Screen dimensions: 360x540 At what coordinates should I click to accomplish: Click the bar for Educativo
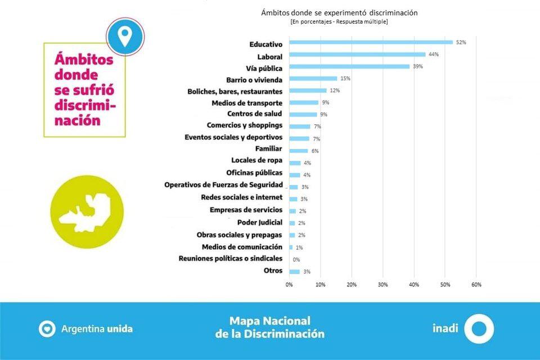[x=371, y=42]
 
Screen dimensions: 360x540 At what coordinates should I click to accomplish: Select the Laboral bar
[x=357, y=55]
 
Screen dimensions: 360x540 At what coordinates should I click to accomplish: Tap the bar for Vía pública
[x=349, y=66]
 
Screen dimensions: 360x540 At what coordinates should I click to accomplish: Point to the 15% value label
[x=345, y=79]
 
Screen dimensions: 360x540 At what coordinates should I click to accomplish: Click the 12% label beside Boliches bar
[x=335, y=91]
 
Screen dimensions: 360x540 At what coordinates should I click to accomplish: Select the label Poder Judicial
[x=260, y=222]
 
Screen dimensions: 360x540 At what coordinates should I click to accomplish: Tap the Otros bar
[x=294, y=272]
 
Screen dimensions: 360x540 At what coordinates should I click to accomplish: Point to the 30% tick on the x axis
[x=382, y=285]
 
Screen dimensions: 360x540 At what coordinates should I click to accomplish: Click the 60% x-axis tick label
[x=476, y=285]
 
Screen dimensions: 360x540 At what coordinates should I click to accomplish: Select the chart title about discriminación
[x=339, y=12]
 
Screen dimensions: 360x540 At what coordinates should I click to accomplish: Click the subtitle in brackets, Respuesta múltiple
[x=339, y=22]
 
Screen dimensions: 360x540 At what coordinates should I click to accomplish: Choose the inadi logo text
[x=444, y=327]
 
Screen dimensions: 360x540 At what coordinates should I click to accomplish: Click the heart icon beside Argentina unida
[x=47, y=328]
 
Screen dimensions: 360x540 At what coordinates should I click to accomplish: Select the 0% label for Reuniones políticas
[x=296, y=260]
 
